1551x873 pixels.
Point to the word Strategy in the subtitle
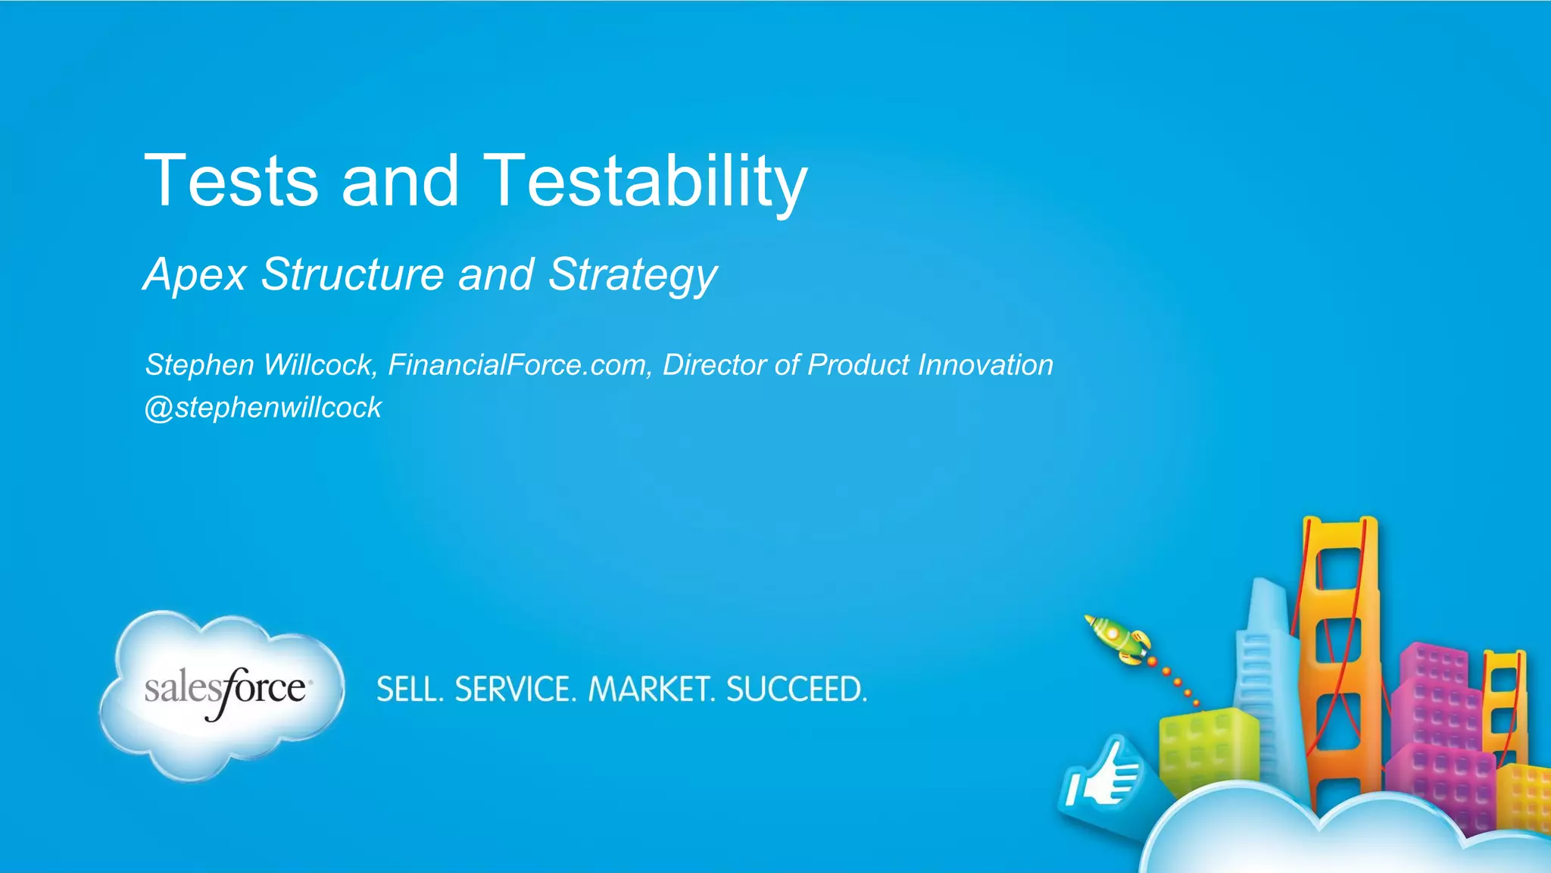(632, 274)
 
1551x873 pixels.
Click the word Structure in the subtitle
(352, 274)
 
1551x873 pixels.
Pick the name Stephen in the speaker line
(199, 365)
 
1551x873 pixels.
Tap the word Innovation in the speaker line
(985, 365)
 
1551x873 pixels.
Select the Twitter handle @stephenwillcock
(263, 408)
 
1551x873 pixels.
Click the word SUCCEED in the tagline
(796, 690)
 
